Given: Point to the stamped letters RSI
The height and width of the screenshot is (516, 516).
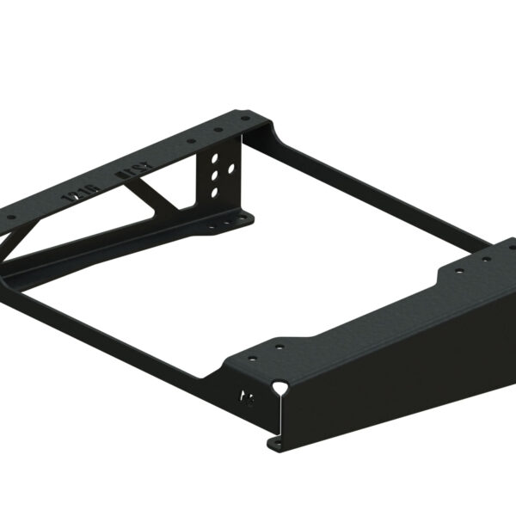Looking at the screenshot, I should tap(129, 176).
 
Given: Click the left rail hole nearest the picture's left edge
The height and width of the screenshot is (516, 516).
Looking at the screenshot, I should tap(11, 218).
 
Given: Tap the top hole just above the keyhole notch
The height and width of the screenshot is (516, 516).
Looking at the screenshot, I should tap(279, 347).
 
